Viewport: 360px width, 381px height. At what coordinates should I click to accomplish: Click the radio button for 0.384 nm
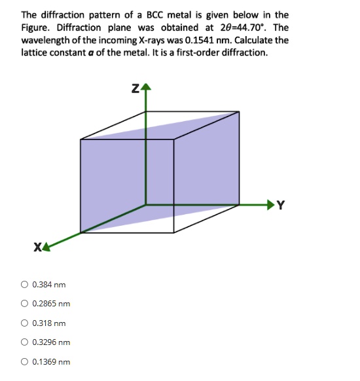pyautogui.click(x=24, y=285)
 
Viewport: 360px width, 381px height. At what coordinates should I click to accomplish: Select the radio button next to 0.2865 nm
pyautogui.click(x=24, y=304)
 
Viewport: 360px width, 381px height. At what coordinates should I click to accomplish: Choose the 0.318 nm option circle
pyautogui.click(x=24, y=323)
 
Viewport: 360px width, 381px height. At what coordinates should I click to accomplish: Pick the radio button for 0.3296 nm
pyautogui.click(x=24, y=342)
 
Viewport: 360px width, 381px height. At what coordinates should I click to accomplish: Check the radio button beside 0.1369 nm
pyautogui.click(x=24, y=362)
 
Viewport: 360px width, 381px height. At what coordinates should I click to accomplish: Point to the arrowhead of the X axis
pyautogui.click(x=48, y=245)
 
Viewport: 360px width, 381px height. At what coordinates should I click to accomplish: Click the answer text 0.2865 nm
pyautogui.click(x=51, y=304)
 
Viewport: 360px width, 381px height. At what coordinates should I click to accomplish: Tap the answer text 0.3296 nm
pyautogui.click(x=51, y=342)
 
